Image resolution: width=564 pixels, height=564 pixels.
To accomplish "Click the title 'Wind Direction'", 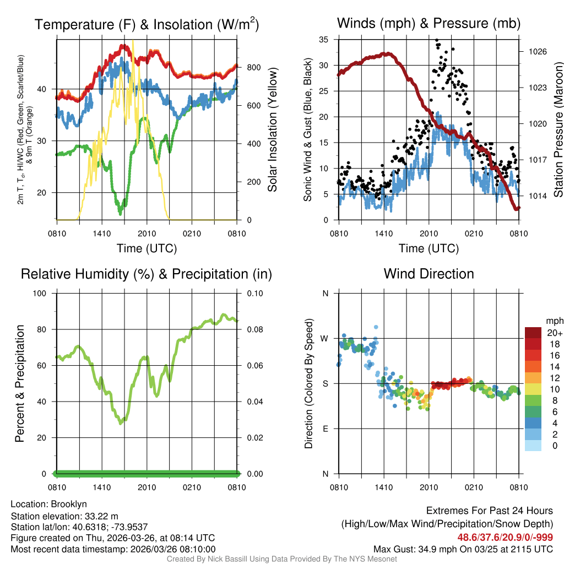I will pyautogui.click(x=429, y=274).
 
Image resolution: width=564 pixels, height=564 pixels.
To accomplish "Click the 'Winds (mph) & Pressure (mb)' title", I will pyautogui.click(x=429, y=24).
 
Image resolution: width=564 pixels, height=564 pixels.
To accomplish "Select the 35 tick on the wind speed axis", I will pyautogui.click(x=324, y=39).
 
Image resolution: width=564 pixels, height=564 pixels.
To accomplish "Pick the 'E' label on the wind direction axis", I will pyautogui.click(x=326, y=429).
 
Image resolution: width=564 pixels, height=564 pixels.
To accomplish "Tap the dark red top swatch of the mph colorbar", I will pyautogui.click(x=533, y=332).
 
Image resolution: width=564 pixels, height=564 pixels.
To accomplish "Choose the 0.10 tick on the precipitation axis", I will pyautogui.click(x=254, y=294).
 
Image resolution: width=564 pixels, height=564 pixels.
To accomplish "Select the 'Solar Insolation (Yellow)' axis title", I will pyautogui.click(x=272, y=129).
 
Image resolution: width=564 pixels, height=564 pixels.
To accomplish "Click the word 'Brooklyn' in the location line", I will pyautogui.click(x=69, y=504).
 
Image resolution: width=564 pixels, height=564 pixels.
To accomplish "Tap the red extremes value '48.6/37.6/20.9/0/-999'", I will pyautogui.click(x=505, y=537).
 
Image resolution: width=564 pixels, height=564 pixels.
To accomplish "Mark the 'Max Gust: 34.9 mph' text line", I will pyautogui.click(x=463, y=549).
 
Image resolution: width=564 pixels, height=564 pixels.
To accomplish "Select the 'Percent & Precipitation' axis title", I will pyautogui.click(x=19, y=383).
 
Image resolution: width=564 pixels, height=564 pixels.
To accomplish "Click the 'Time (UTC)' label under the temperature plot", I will pyautogui.click(x=147, y=248).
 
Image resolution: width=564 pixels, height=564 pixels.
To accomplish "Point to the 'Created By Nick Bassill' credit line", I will pyautogui.click(x=282, y=559).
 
